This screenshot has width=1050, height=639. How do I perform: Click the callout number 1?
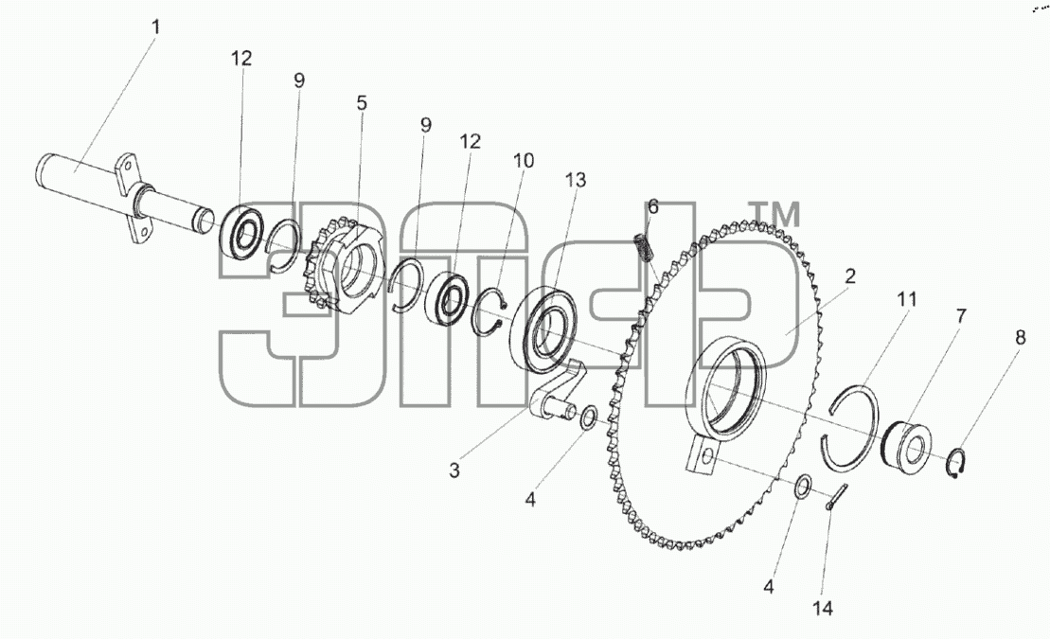point(155,27)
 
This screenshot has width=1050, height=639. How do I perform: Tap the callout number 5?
point(362,103)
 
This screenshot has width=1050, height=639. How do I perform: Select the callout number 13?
point(576,180)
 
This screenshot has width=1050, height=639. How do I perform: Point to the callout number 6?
point(653,207)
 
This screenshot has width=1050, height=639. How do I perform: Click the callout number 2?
point(850,276)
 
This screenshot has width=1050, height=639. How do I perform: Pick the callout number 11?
point(907,299)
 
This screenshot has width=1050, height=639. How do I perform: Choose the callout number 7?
point(961,316)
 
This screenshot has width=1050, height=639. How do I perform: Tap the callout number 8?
point(1020,338)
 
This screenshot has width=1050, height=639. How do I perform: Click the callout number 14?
point(823,608)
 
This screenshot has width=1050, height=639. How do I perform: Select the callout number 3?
point(454,470)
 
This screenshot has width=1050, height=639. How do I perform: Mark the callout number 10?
point(524,161)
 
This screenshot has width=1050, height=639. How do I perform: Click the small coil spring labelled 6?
point(644,248)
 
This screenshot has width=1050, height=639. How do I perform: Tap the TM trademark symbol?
point(775,214)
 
